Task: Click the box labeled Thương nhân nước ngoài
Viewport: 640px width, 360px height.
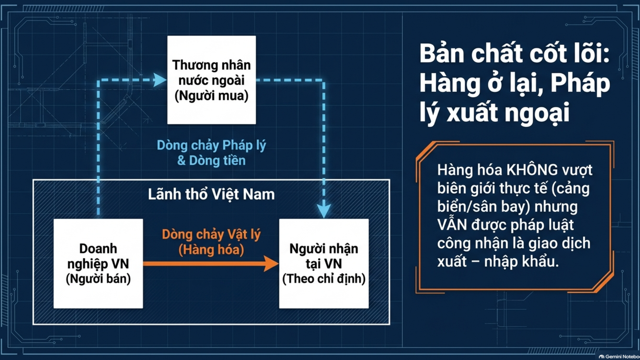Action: pos(212,80)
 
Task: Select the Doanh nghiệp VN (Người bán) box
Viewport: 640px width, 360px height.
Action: pos(98,263)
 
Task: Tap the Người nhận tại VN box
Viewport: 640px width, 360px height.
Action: pos(324,263)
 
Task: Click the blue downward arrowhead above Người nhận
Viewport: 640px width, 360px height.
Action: pos(324,211)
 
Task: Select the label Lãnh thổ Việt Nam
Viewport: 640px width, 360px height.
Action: pos(211,194)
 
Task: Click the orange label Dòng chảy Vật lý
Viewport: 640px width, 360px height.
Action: pos(211,234)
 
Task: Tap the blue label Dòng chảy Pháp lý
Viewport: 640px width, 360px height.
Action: pos(211,145)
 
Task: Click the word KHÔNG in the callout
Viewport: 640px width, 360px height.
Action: pos(532,170)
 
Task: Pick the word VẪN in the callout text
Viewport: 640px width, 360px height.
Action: pos(452,225)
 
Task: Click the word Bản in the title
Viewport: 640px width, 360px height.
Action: pos(442,53)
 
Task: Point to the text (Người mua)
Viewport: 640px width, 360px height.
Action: pos(212,96)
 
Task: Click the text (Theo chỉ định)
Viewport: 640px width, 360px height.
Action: pos(324,279)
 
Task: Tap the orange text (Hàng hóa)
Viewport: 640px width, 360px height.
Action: pos(211,250)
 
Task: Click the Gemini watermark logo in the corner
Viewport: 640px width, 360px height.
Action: pos(601,357)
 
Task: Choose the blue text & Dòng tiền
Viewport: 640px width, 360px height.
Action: pos(211,161)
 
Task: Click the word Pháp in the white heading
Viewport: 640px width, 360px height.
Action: pos(580,83)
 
